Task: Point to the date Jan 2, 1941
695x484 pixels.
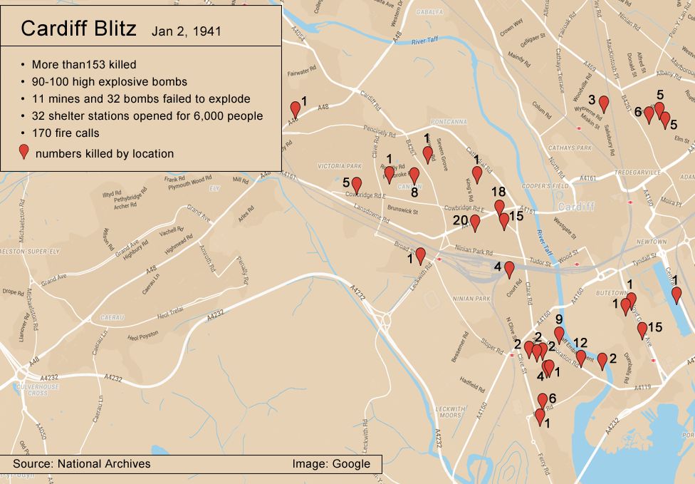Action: point(185,31)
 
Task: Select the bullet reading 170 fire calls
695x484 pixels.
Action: point(66,133)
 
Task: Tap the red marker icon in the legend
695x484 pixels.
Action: point(24,152)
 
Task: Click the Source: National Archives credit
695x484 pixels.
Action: point(81,463)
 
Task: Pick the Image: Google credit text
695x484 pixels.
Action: point(331,463)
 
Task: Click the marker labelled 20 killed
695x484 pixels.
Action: point(475,223)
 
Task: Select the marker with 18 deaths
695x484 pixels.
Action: point(500,207)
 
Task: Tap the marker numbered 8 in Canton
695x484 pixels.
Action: point(414,175)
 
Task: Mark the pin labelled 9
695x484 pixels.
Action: point(559,334)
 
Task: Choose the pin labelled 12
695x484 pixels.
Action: point(581,358)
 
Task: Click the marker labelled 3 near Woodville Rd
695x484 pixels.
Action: point(604,104)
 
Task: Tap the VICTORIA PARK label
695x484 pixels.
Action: point(340,166)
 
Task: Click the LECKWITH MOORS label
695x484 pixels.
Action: point(449,411)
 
